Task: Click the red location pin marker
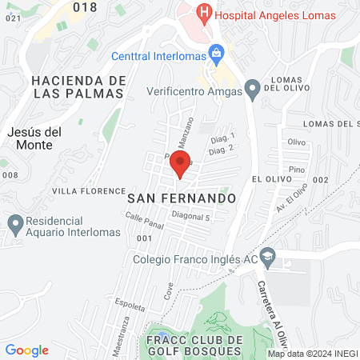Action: [x=181, y=165]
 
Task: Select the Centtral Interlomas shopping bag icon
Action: [x=215, y=54]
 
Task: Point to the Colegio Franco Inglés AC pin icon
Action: [x=268, y=258]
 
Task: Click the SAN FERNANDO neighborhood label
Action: [x=182, y=197]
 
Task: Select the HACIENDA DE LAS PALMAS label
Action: [x=78, y=86]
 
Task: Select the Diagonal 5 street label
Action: [x=190, y=217]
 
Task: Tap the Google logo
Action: [x=27, y=350]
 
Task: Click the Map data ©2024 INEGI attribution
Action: [x=312, y=354]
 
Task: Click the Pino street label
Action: [x=297, y=170]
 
